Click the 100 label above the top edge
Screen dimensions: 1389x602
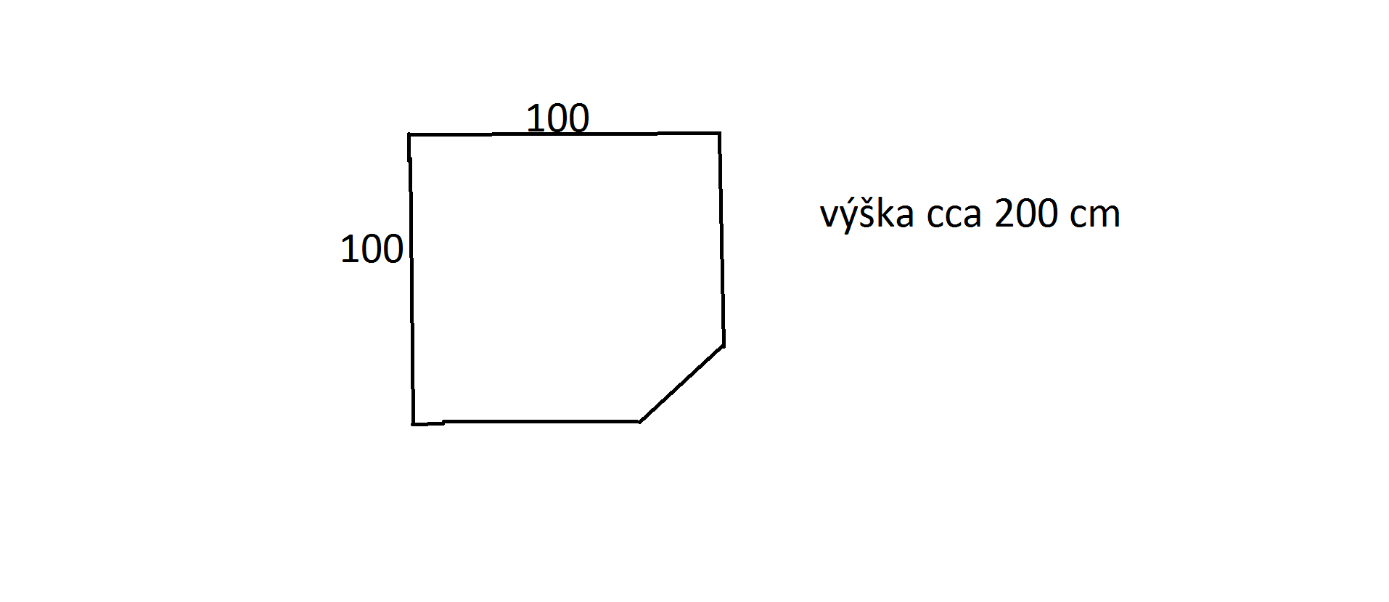point(557,118)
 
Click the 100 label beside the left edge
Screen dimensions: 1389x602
point(372,249)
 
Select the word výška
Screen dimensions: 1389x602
point(866,213)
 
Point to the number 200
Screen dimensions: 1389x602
point(1026,213)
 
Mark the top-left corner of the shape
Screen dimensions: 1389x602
point(409,134)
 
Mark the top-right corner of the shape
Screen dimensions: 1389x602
point(719,133)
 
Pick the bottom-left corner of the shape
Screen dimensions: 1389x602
point(413,424)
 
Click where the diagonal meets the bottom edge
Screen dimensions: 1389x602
point(639,421)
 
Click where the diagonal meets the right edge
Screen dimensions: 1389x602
point(723,346)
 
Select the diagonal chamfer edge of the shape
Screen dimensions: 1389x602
point(681,383)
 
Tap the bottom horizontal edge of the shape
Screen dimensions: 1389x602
point(526,422)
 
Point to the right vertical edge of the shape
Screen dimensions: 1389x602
point(721,240)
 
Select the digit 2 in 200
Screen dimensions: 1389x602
point(1004,213)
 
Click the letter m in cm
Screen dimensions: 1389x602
point(1106,216)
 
